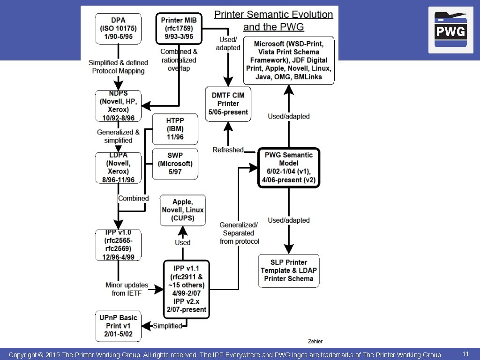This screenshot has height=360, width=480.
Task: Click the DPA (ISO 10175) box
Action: click(119, 28)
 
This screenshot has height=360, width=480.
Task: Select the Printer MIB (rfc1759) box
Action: click(179, 28)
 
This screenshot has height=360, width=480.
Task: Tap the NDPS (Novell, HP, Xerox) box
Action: click(119, 106)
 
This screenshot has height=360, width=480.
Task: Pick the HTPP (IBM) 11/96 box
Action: click(175, 129)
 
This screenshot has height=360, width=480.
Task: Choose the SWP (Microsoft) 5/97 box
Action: click(175, 164)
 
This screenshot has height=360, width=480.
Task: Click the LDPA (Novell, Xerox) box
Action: click(119, 168)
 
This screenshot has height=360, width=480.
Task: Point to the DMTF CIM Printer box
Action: click(228, 104)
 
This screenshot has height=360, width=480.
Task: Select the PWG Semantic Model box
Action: click(289, 167)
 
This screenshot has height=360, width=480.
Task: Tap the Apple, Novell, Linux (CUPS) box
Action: click(183, 210)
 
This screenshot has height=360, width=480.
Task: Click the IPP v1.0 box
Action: click(119, 245)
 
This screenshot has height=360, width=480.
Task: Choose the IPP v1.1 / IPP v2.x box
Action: click(186, 289)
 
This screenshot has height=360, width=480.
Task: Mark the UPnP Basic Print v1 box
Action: click(119, 326)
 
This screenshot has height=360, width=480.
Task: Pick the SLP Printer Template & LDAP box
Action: click(289, 270)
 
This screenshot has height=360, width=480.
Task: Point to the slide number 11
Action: click(465, 354)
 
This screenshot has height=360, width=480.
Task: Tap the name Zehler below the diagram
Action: click(315, 341)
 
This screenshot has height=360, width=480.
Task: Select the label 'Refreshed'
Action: click(228, 150)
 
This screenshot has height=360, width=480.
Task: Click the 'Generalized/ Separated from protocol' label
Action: click(239, 233)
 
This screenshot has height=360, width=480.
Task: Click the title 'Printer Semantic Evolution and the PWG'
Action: click(274, 21)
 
